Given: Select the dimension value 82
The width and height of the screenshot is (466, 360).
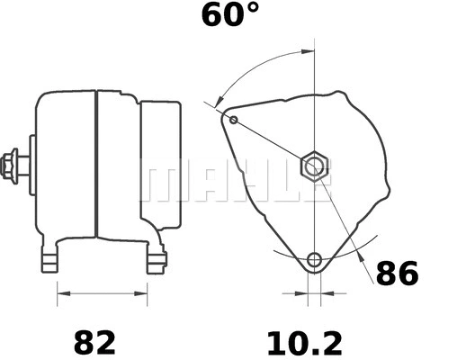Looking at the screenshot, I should (x=94, y=342).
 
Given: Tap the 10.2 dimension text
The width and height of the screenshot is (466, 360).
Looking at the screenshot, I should (x=305, y=342).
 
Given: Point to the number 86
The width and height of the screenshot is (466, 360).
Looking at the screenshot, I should (x=397, y=273).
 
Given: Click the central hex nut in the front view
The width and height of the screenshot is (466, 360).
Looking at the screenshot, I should (x=313, y=166).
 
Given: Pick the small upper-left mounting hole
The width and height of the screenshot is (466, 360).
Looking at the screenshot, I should (x=234, y=120).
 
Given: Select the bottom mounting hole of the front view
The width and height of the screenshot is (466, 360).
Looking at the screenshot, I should (x=313, y=261).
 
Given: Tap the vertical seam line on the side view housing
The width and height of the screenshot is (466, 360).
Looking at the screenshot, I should (x=94, y=171).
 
